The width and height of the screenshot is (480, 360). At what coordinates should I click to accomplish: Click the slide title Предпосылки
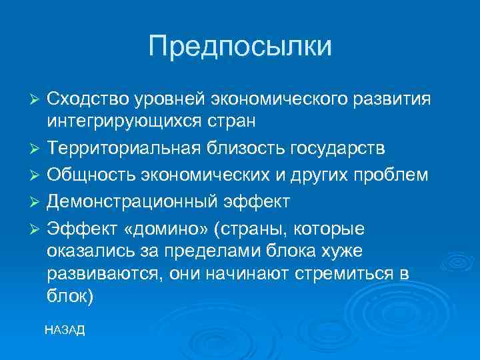240,46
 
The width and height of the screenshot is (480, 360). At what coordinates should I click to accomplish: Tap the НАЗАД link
65,331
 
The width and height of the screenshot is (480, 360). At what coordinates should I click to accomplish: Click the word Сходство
85,99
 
